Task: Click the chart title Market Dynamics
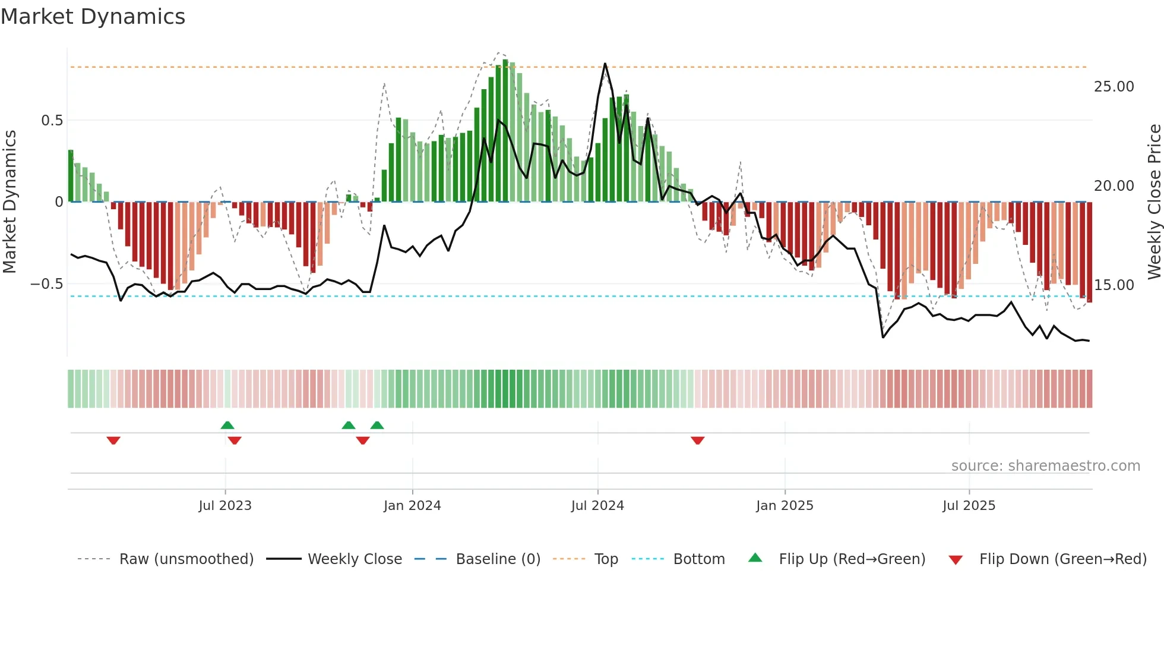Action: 93,17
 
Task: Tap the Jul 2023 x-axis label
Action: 225,506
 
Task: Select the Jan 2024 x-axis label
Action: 412,506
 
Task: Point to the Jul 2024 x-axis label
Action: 597,506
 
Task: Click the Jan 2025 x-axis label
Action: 785,506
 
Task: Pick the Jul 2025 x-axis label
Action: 969,506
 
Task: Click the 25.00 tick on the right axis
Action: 1114,87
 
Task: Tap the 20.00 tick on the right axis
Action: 1114,186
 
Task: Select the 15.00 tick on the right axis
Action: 1114,285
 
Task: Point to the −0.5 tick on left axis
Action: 46,284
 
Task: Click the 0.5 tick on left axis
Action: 52,121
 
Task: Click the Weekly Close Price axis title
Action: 1154,201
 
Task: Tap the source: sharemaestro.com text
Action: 1045,466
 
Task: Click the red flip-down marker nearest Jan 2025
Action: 698,440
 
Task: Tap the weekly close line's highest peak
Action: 605,64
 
